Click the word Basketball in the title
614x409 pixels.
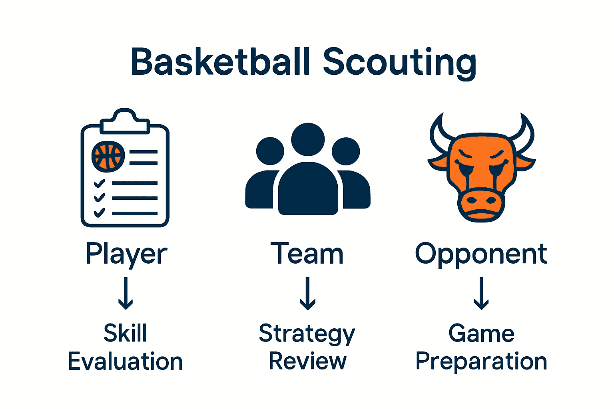(220, 62)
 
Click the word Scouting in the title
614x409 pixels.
(399, 63)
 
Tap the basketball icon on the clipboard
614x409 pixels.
(108, 156)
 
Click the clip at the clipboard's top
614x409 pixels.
(125, 121)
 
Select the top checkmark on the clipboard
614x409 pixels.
(99, 184)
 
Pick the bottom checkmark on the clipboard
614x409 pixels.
(99, 212)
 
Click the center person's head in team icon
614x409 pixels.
(308, 139)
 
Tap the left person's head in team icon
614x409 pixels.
(270, 151)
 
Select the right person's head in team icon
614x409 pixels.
(346, 151)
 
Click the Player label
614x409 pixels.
(126, 254)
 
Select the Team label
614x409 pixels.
(307, 254)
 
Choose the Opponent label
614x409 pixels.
(481, 254)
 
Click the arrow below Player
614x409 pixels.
(126, 294)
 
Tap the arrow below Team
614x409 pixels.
(307, 294)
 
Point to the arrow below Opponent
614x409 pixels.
(481, 294)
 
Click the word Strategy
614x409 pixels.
(307, 334)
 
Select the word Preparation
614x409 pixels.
(481, 362)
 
